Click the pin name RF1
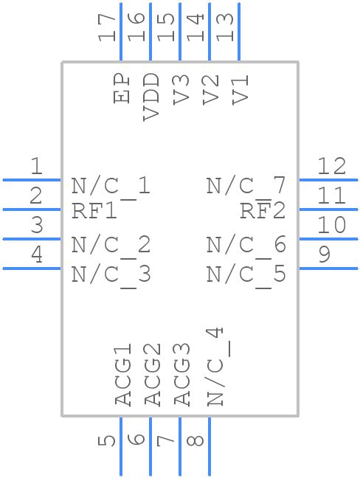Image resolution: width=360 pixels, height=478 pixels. point(94,211)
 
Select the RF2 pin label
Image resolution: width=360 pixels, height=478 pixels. point(262,211)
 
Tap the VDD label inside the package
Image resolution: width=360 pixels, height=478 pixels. point(151,96)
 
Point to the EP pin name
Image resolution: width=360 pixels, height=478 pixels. point(122,89)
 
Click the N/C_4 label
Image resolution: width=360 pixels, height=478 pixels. point(215,367)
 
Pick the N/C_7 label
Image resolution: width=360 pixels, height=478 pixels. point(246,185)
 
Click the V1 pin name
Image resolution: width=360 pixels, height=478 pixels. point(240,89)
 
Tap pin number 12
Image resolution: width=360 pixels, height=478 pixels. point(331,167)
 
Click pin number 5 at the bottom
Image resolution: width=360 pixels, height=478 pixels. point(108,440)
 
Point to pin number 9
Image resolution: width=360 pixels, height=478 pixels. point(325,255)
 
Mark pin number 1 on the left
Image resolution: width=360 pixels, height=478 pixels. point(36,167)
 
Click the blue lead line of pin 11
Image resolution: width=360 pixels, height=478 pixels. point(328,209)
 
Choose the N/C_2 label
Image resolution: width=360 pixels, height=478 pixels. point(111,244)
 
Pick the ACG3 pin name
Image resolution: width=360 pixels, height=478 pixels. point(181,374)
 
